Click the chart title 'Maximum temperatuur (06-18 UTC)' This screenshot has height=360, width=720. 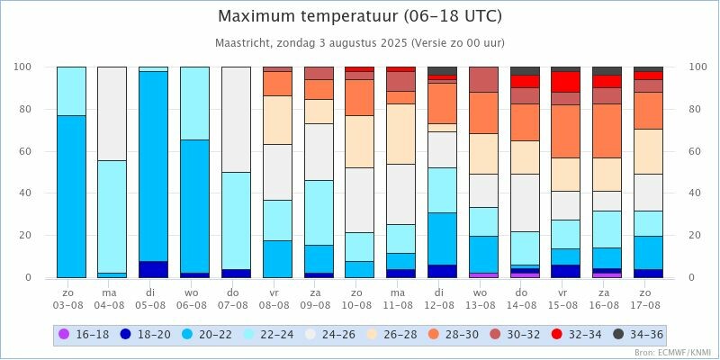coord(360,16)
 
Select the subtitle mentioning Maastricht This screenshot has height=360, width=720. coord(360,42)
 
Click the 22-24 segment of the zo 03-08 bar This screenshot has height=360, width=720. coord(71,91)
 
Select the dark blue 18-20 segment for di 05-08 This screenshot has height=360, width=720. coord(153,269)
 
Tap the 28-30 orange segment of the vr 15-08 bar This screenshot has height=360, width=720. coord(565,131)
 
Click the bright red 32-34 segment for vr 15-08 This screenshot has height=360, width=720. coord(565,82)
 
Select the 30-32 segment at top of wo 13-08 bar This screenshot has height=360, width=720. coord(483,79)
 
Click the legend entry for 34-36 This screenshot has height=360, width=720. coord(638,335)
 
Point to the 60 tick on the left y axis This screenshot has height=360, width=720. coord(24,151)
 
